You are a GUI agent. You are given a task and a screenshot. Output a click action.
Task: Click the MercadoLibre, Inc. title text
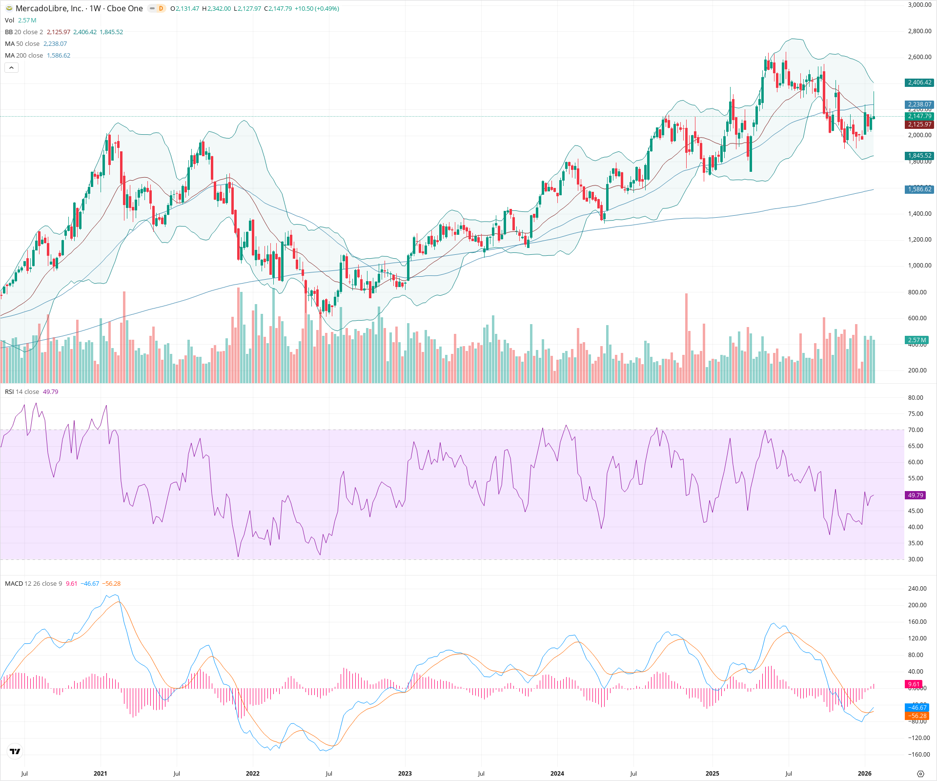pyautogui.click(x=49, y=8)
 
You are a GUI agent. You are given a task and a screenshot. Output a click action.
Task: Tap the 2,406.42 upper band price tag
pyautogui.click(x=919, y=82)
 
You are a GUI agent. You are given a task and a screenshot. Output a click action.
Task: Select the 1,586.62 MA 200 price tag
pyautogui.click(x=919, y=189)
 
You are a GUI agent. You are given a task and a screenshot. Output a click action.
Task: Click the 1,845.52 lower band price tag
pyautogui.click(x=919, y=156)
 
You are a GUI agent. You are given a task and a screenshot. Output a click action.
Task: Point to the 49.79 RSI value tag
pyautogui.click(x=915, y=495)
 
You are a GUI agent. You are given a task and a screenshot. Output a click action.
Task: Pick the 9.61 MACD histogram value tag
pyautogui.click(x=914, y=684)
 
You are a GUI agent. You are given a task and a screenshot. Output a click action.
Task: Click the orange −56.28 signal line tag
pyautogui.click(x=918, y=716)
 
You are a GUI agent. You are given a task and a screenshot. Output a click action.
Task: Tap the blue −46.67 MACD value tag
pyautogui.click(x=918, y=707)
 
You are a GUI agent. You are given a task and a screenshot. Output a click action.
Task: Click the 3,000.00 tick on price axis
pyautogui.click(x=919, y=5)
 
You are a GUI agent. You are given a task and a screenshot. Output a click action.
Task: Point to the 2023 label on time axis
pyautogui.click(x=405, y=773)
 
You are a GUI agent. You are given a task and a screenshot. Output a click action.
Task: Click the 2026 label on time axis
pyautogui.click(x=864, y=773)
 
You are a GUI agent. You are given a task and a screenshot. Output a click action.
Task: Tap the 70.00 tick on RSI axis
pyautogui.click(x=916, y=430)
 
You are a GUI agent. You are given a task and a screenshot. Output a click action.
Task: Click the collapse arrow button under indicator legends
pyautogui.click(x=12, y=67)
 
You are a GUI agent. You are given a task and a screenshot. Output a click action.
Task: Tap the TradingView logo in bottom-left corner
pyautogui.click(x=15, y=751)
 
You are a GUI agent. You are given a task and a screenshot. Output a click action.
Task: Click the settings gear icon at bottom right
pyautogui.click(x=920, y=774)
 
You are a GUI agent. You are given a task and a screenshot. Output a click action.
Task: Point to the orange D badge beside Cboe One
pyautogui.click(x=161, y=8)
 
